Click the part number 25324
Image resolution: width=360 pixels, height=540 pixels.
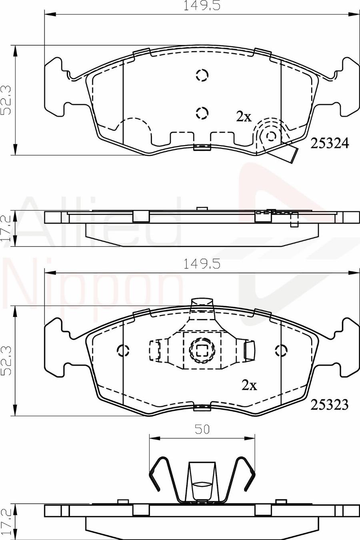330,143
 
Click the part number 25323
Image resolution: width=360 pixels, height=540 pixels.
330,405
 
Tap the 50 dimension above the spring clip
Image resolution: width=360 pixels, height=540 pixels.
202,429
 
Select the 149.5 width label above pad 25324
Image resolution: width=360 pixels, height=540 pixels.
202,6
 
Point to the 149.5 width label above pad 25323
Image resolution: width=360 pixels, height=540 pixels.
202,264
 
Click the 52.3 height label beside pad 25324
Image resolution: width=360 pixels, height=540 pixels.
6,100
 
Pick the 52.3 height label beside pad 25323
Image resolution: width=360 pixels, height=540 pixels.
6,361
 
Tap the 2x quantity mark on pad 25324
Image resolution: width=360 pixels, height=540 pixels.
243,117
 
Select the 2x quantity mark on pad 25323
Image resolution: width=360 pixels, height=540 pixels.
249,385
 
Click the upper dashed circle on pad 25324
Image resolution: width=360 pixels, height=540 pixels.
202,75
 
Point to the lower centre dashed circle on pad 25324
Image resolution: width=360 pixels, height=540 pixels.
202,113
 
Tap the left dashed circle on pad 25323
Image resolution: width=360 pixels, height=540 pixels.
123,351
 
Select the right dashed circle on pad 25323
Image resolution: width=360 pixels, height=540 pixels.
281,351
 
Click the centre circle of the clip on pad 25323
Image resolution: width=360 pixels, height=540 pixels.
202,351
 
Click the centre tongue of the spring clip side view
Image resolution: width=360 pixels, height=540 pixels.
202,482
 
